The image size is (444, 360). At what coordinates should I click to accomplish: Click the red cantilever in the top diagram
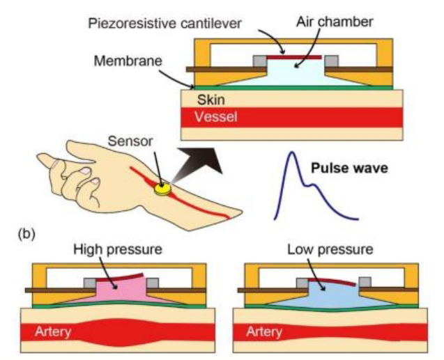298,56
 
